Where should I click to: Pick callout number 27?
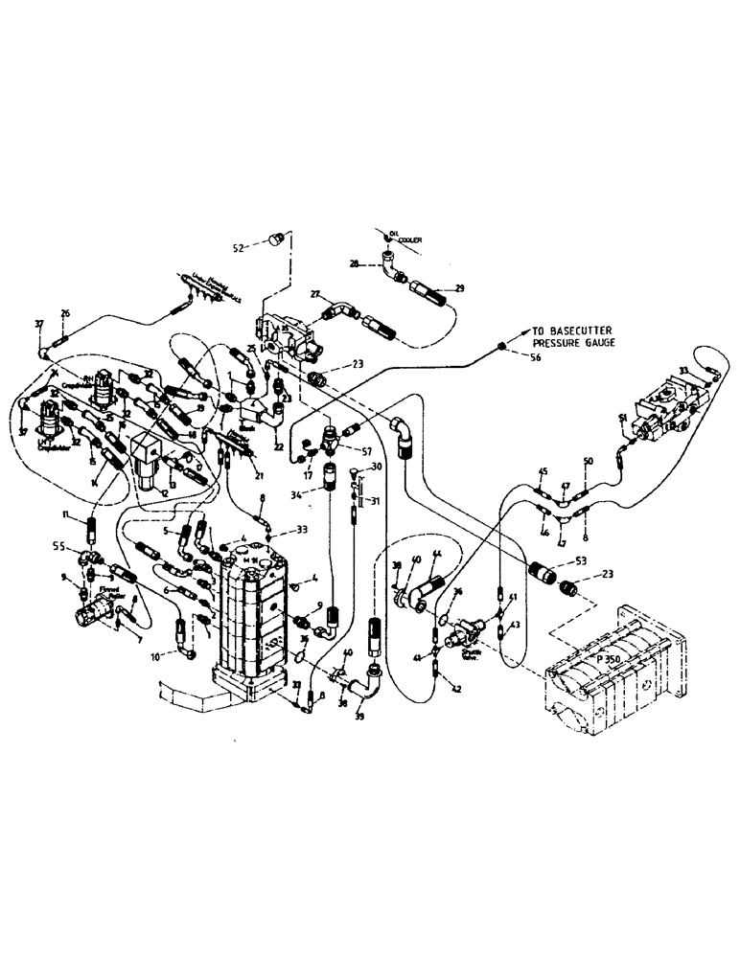click(x=314, y=295)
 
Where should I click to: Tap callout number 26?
click(x=65, y=313)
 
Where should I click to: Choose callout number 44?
click(x=436, y=556)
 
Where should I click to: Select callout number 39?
click(x=360, y=716)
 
